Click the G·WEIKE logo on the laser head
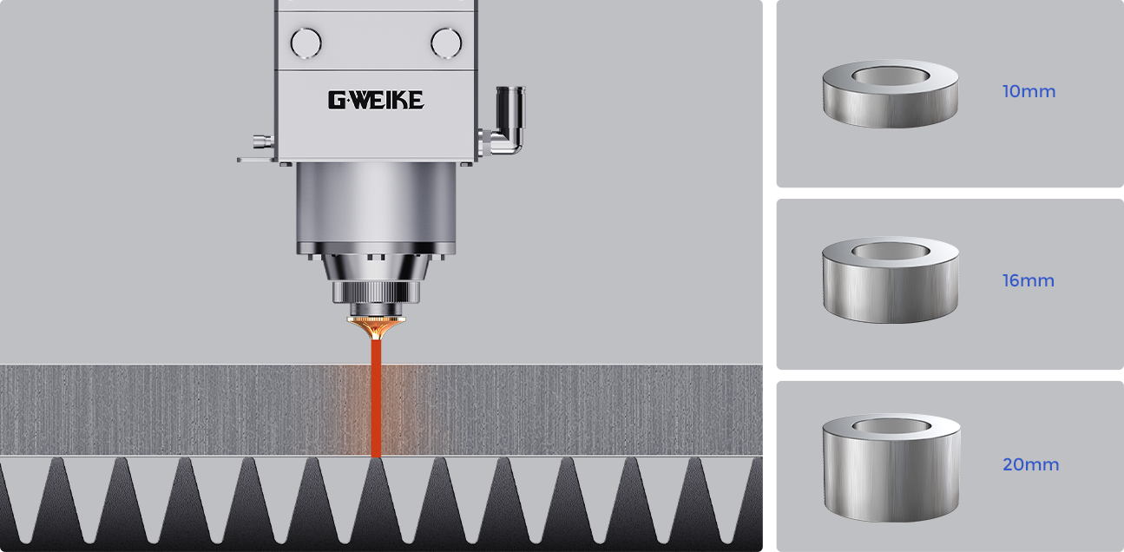tap(376, 100)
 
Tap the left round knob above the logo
tap(306, 43)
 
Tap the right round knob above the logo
tap(446, 43)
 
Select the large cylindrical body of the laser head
tap(376, 208)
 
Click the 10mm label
tap(1029, 91)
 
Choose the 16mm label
tap(1029, 280)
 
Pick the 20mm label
tap(1030, 464)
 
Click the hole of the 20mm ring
tap(891, 426)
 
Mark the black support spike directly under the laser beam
tap(376, 503)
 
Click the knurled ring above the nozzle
tap(376, 292)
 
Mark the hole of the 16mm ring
tap(891, 251)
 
